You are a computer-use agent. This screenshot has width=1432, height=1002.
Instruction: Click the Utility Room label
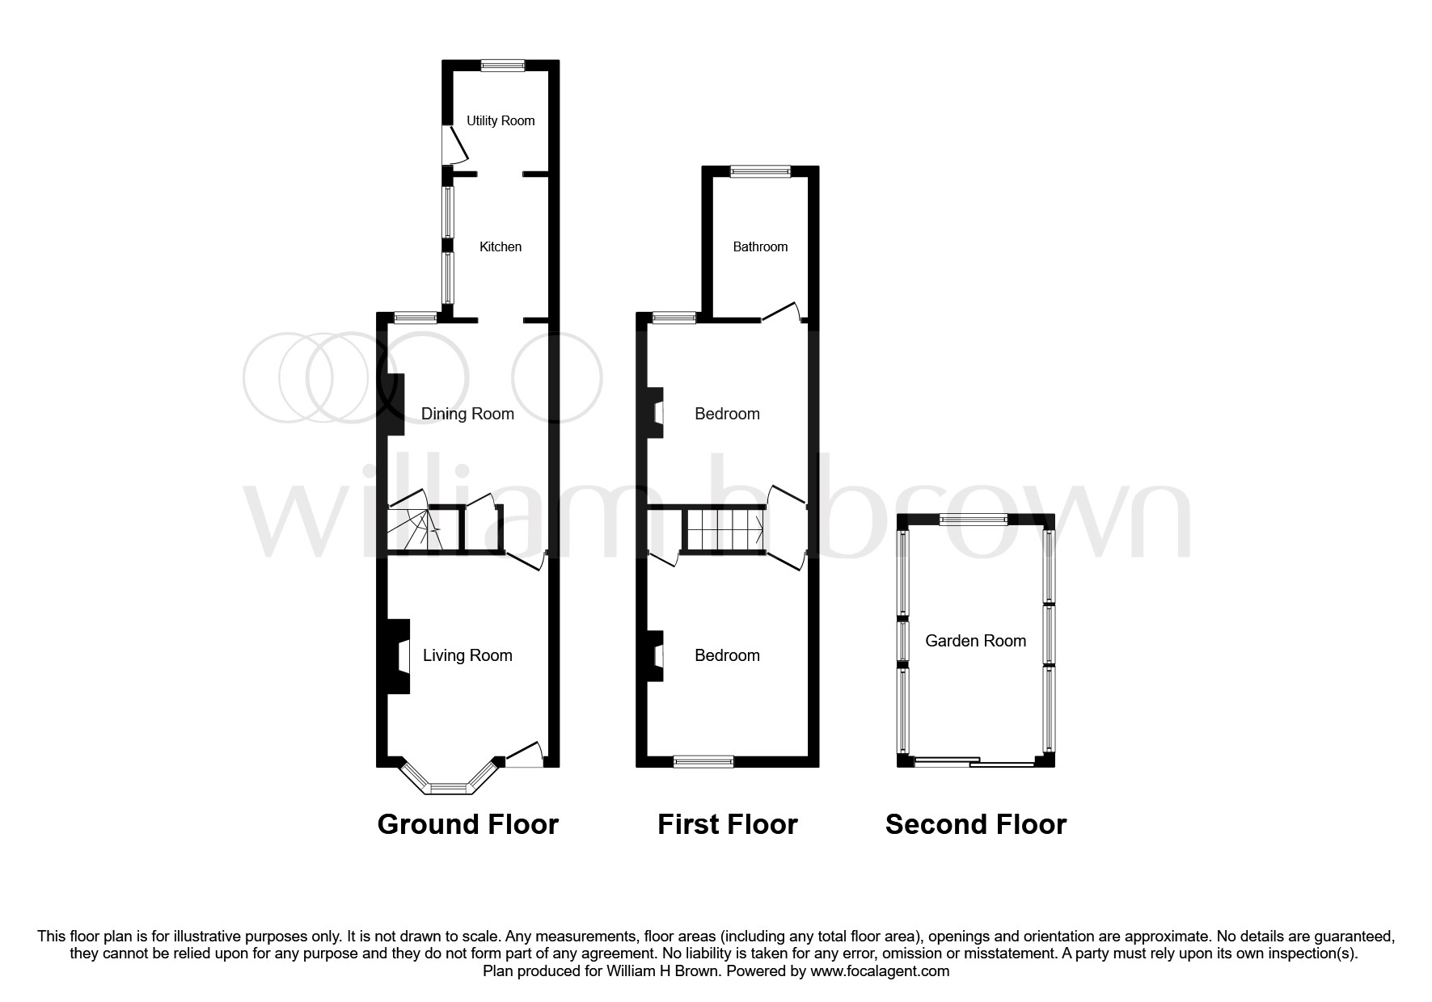[501, 121]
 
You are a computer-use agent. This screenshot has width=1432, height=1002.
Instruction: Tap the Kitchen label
[501, 247]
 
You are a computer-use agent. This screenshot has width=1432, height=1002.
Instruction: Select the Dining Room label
[467, 414]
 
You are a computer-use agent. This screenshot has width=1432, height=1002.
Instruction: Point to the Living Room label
[467, 655]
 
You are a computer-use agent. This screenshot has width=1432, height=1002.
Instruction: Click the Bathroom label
[760, 247]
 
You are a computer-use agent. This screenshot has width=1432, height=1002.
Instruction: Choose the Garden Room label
[975, 641]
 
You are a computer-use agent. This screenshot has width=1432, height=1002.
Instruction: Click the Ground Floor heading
[467, 824]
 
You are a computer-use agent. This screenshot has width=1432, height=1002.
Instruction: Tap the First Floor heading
[727, 824]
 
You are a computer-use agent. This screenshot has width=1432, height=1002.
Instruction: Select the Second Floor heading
[975, 824]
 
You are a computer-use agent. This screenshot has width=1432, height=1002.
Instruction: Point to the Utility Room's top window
[502, 65]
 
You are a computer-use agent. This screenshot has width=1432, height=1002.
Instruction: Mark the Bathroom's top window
[760, 171]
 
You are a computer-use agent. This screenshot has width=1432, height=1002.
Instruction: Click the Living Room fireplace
[398, 656]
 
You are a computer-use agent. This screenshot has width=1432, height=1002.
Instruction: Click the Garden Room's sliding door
[974, 761]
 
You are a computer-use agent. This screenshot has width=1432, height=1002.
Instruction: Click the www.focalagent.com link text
[880, 971]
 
